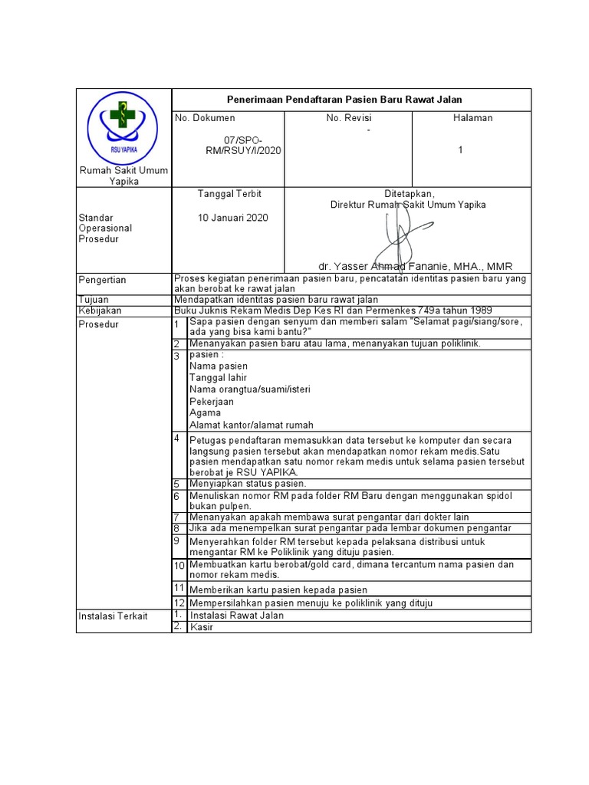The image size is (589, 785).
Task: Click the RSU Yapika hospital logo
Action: tap(123, 126)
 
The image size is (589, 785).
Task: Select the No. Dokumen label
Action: tap(205, 118)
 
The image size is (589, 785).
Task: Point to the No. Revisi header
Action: tap(348, 118)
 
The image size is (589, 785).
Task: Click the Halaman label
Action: tap(472, 118)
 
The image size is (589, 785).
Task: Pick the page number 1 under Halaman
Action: tap(461, 150)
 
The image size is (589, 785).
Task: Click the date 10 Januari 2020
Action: tap(233, 218)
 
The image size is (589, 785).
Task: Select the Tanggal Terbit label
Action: tap(229, 194)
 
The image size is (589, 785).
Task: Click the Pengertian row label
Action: tap(102, 280)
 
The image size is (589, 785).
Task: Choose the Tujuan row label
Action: tap(94, 300)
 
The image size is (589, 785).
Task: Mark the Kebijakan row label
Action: tap(100, 310)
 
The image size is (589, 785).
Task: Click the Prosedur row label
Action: tap(98, 324)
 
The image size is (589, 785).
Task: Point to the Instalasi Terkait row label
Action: tap(113, 616)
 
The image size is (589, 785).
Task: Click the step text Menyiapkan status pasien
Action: tap(248, 484)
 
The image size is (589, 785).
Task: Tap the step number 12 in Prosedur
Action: tap(179, 603)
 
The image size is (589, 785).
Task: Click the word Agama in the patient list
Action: tap(205, 413)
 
